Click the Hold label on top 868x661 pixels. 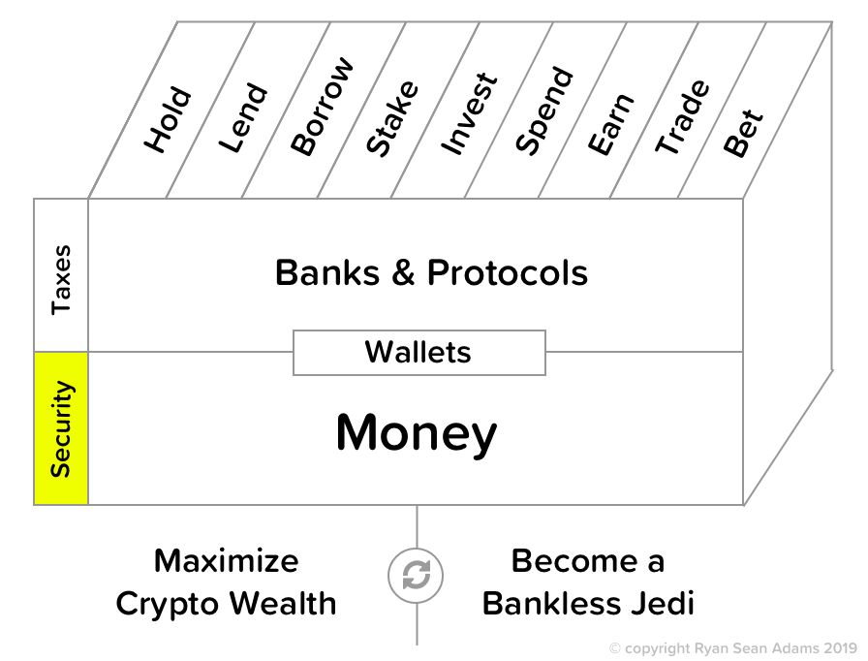(168, 121)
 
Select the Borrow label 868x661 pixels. (322, 108)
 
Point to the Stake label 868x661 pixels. (392, 118)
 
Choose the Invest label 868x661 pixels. (469, 113)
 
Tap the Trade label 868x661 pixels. (682, 117)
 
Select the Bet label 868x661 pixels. (744, 134)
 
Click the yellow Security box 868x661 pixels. (61, 428)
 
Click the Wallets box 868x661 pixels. (418, 352)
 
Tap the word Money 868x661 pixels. (417, 432)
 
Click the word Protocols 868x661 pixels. (508, 272)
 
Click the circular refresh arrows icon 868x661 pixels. (417, 576)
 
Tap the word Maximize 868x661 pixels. (227, 560)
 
